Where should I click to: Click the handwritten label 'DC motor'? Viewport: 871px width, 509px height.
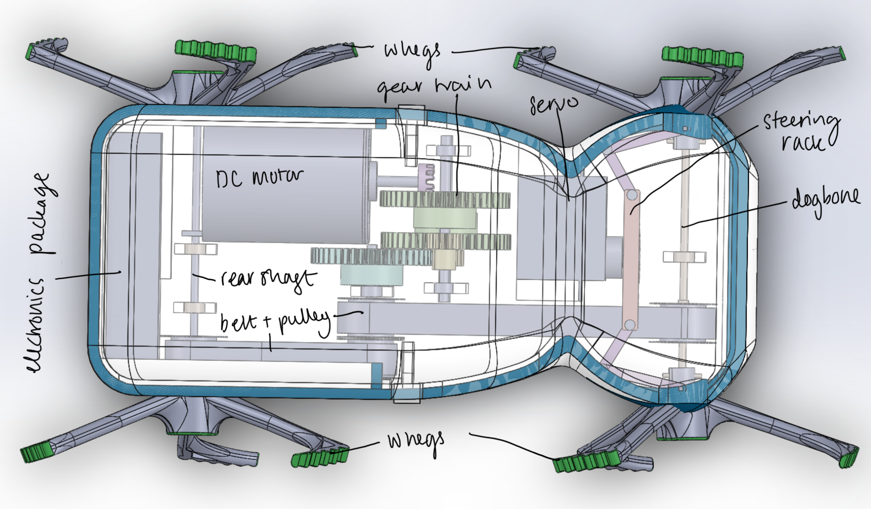(259, 178)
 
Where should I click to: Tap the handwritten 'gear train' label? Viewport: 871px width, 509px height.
(434, 87)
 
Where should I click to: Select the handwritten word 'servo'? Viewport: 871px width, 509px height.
(553, 104)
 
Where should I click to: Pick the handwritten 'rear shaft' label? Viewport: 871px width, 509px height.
(269, 278)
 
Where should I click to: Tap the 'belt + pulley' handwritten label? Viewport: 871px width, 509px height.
(274, 322)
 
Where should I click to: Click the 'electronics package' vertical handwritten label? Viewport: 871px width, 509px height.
(40, 272)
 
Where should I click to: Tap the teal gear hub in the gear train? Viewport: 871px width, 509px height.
(371, 274)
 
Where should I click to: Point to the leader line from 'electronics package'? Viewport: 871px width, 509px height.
(88, 275)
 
